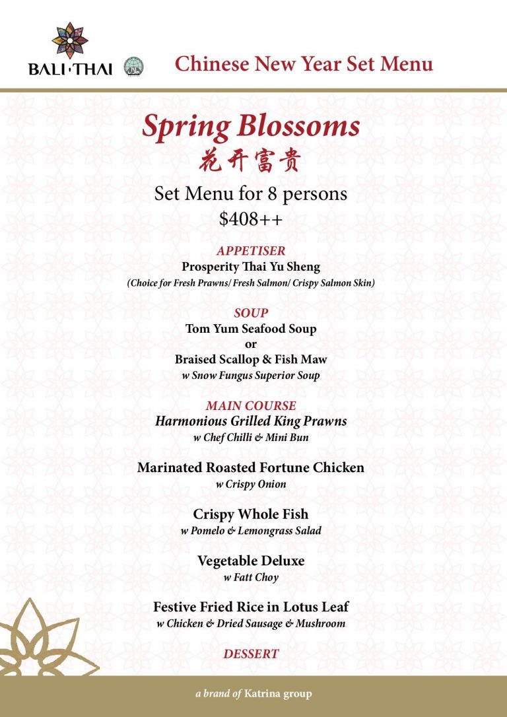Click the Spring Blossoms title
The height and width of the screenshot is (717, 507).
tap(251, 125)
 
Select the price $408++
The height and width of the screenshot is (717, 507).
tap(251, 219)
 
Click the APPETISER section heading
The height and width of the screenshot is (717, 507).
tap(251, 251)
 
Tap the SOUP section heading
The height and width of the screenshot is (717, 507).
tap(251, 313)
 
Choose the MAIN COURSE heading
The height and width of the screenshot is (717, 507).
tap(251, 405)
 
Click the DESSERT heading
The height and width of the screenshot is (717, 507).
tap(251, 654)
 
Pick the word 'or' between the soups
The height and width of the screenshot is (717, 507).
tap(251, 344)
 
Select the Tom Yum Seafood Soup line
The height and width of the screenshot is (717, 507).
tap(251, 328)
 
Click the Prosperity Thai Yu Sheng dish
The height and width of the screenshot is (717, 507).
tap(251, 267)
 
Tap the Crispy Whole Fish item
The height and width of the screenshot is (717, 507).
tap(251, 514)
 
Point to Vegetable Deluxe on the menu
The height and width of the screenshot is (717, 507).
tap(251, 561)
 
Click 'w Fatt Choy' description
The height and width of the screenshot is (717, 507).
tap(251, 578)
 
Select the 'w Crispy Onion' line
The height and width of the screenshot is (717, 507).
tap(251, 485)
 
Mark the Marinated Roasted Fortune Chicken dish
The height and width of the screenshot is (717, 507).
tap(251, 467)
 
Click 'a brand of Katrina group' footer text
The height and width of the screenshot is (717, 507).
tap(253, 694)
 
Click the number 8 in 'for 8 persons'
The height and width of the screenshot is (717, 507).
tap(275, 195)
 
